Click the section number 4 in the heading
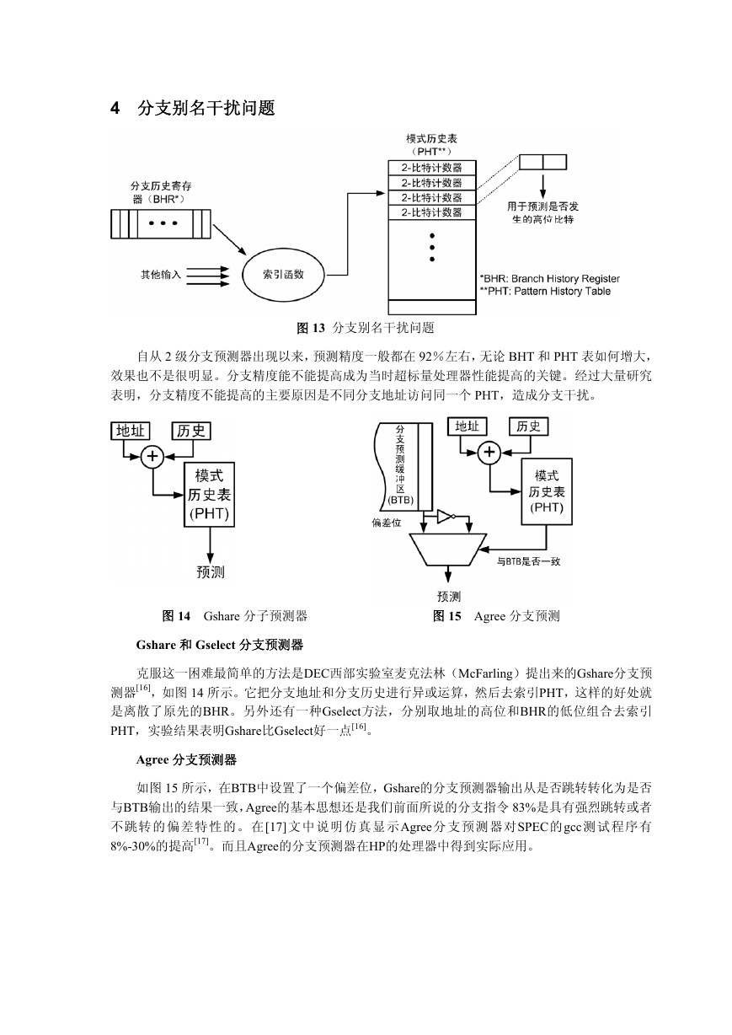coord(115,108)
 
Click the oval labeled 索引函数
coord(283,275)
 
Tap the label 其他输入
coord(161,275)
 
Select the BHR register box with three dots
coord(161,223)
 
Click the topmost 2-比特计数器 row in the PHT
coord(432,168)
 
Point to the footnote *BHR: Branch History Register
coord(549,279)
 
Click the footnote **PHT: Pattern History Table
coord(546,291)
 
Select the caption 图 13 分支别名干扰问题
coord(366,328)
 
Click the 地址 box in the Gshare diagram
coord(131,431)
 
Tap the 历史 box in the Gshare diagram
coord(191,431)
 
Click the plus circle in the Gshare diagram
coord(152,457)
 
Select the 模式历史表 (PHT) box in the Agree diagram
coord(547,491)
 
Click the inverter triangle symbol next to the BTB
coord(446,517)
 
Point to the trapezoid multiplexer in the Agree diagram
coord(448,550)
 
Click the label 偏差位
coord(387,523)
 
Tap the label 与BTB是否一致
coord(528,561)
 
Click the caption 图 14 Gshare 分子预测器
coord(235,616)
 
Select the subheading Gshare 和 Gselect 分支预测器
coord(219,645)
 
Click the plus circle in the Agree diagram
coord(489,453)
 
